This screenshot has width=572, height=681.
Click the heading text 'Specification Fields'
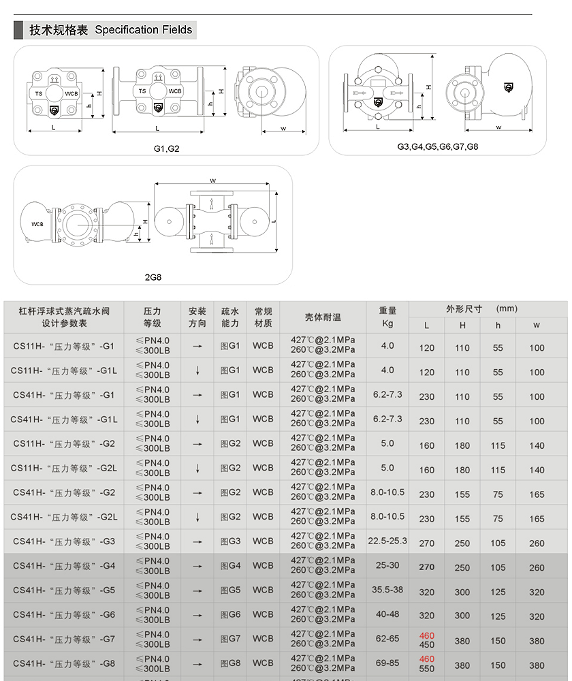click(144, 30)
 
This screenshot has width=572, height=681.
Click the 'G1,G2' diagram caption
click(166, 148)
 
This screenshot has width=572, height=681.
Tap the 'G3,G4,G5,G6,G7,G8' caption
click(438, 146)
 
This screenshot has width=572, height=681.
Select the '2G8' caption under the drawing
click(153, 277)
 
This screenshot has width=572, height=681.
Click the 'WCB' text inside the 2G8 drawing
click(37, 223)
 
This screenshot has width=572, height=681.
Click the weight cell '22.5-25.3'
click(387, 541)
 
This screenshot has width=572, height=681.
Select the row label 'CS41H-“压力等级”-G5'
click(64, 590)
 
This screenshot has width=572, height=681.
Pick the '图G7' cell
click(230, 639)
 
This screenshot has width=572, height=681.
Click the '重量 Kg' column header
click(387, 317)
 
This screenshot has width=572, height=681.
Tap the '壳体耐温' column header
click(323, 317)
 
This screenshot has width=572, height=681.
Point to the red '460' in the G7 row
click(427, 636)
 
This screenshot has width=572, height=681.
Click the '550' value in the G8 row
click(427, 669)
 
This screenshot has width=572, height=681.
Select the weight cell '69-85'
click(387, 663)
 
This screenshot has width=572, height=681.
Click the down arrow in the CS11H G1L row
click(197, 370)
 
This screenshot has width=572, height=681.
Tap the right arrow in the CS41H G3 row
click(197, 542)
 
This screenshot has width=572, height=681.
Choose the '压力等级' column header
click(153, 317)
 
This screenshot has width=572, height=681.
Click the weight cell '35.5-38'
click(387, 590)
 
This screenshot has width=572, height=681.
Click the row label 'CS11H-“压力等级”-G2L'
click(64, 469)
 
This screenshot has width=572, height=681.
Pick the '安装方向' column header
click(197, 317)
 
